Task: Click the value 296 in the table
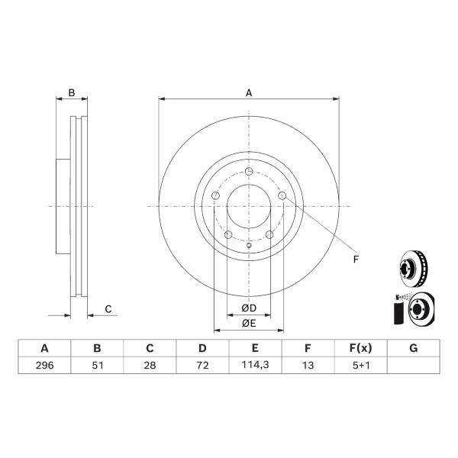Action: [44, 365]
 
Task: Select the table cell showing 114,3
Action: [255, 365]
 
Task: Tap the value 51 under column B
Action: [97, 365]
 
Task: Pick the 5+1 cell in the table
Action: [361, 365]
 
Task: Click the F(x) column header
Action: [361, 348]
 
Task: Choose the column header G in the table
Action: [413, 348]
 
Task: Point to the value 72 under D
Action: [202, 365]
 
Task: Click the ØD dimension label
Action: [249, 308]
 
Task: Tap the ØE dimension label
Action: [249, 323]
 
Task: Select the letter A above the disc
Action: [249, 93]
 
